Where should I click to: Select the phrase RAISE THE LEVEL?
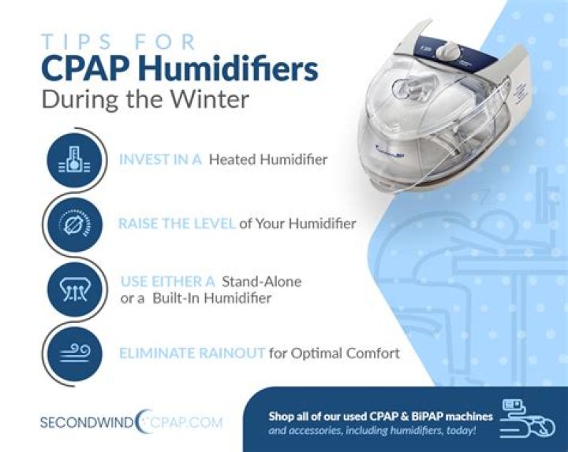(x=177, y=224)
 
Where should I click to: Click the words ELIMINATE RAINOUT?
(x=192, y=354)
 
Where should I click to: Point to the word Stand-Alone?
(x=262, y=281)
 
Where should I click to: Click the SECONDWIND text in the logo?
(x=86, y=422)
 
